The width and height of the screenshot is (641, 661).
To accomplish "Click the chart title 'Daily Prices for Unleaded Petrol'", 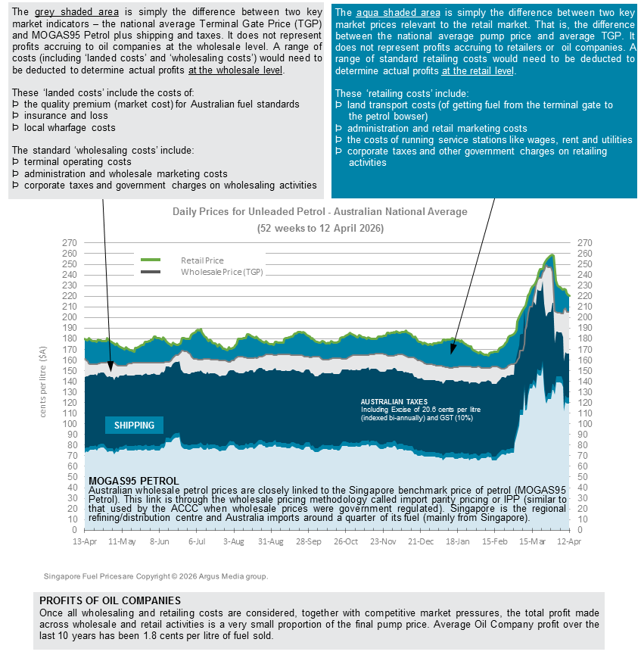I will click(x=319, y=212).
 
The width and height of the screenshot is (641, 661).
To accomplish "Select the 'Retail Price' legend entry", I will click(x=202, y=260).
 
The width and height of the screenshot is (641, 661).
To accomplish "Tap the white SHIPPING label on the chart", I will click(x=134, y=426).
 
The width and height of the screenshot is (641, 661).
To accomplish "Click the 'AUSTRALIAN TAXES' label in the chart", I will click(x=394, y=401).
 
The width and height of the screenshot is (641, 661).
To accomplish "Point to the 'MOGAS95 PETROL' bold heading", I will click(x=134, y=481).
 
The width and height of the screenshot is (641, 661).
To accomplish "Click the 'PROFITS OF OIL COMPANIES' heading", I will click(x=110, y=600).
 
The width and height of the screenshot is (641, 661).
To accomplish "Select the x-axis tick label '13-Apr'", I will click(x=85, y=542).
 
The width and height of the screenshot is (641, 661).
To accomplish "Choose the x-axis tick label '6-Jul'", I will click(x=197, y=542).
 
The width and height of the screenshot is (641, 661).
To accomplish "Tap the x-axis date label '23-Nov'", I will click(x=383, y=542).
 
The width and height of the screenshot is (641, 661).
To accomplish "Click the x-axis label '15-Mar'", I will click(x=532, y=542).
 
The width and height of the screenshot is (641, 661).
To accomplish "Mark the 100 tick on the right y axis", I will click(x=583, y=424).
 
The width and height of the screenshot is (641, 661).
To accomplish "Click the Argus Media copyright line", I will click(x=155, y=577).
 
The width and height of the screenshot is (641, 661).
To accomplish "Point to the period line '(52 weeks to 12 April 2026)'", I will click(x=319, y=228).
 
